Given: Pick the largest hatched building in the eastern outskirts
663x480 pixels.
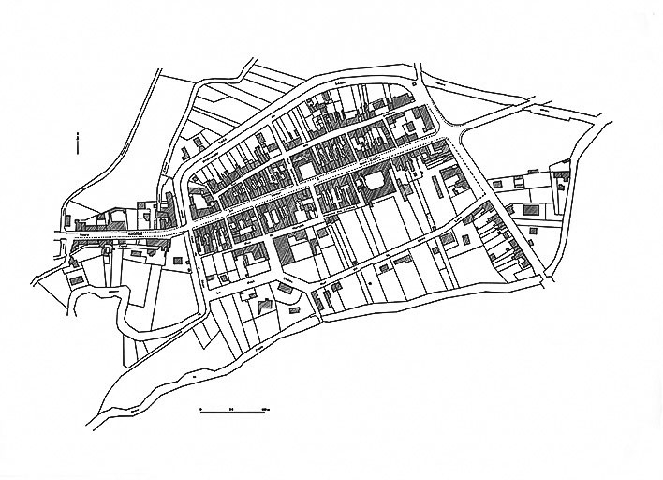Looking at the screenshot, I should [533, 208].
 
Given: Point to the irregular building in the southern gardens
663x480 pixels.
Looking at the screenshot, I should [265, 305].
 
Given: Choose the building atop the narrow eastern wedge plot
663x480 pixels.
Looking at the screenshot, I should [562, 174].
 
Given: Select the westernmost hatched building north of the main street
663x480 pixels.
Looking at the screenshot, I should [90, 226].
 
